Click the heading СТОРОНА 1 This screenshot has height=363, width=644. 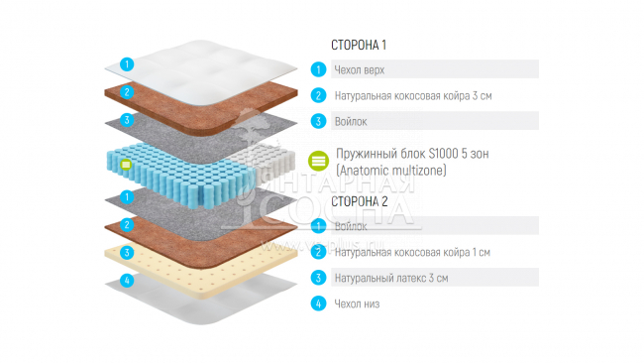coord(358,46)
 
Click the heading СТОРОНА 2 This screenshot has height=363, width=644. coord(359,200)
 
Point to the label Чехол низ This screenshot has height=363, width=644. coord(357,303)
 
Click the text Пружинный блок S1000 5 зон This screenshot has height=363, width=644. coord(412,154)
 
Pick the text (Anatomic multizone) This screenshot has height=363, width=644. coord(392,171)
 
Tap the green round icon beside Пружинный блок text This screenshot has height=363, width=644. coord(318,161)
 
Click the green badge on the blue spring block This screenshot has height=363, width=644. coord(126,163)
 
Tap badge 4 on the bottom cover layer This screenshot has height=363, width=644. coord(126,281)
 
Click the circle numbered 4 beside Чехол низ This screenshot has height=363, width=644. coord(318,303)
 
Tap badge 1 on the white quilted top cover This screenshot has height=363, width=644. coord(126,63)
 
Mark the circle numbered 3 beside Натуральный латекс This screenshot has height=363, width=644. coord(318,278)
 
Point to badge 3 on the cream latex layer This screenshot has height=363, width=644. coord(126,253)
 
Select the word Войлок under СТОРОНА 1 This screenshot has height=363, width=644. coord(351,121)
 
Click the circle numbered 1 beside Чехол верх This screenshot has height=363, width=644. coord(318,69)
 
